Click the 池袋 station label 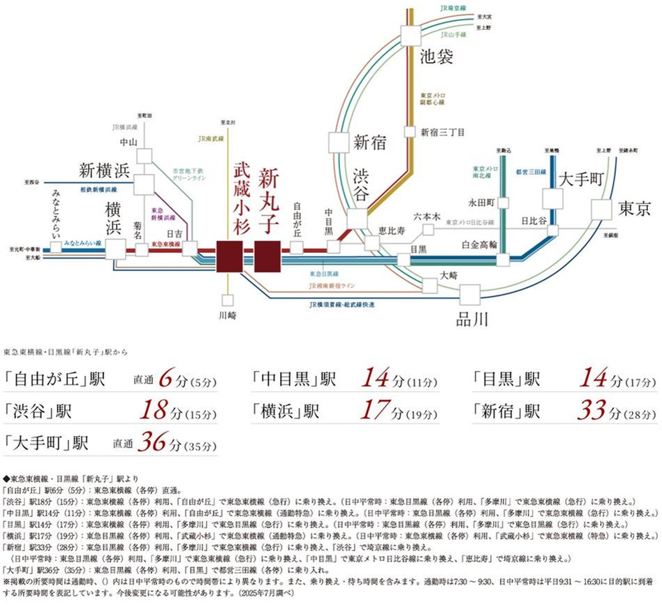pyautogui.click(x=436, y=57)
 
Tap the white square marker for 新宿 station pyautogui.click(x=340, y=142)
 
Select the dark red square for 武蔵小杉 pyautogui.click(x=229, y=256)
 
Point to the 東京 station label pyautogui.click(x=634, y=209)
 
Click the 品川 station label pyautogui.click(x=471, y=320)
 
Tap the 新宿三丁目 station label pyautogui.click(x=443, y=131)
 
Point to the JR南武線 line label pyautogui.click(x=211, y=139)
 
